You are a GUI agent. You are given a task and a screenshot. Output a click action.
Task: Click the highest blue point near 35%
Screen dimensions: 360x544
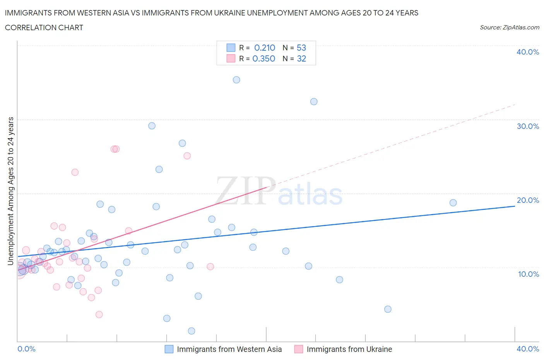(x=236, y=80)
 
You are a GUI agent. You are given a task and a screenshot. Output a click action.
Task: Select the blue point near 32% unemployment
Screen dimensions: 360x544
(x=314, y=101)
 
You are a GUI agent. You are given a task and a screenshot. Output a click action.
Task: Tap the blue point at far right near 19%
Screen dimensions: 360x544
(x=453, y=202)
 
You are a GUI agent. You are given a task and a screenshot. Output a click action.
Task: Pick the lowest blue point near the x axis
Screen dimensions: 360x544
(x=192, y=331)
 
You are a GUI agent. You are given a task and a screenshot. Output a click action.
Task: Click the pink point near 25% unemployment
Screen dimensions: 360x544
(x=187, y=156)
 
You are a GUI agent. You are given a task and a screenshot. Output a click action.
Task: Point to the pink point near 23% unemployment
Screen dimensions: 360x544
(x=75, y=172)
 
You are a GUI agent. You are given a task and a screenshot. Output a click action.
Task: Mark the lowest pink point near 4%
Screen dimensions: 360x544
(x=99, y=314)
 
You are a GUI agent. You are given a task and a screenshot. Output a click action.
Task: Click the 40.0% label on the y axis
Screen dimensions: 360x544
(x=528, y=52)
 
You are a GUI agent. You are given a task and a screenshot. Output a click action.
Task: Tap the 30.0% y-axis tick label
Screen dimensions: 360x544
(x=528, y=126)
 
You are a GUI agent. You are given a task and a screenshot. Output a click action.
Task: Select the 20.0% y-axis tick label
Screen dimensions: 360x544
(x=528, y=200)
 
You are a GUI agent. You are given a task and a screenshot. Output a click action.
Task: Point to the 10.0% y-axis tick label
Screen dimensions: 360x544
(x=529, y=274)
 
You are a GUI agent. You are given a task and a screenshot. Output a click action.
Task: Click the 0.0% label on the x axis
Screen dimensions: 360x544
(x=27, y=349)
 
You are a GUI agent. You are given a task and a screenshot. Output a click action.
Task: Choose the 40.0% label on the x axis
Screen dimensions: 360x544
(x=528, y=349)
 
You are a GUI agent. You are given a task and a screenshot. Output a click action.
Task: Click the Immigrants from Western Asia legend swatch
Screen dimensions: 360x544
(x=169, y=349)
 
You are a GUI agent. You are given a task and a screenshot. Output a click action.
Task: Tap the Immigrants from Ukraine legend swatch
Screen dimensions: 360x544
(x=299, y=349)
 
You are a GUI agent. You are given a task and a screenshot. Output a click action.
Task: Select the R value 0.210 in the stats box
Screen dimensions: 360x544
(x=265, y=48)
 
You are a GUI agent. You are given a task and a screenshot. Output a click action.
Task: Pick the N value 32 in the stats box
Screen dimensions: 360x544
(x=301, y=58)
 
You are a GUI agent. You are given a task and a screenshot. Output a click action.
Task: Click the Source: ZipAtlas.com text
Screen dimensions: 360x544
(x=509, y=27)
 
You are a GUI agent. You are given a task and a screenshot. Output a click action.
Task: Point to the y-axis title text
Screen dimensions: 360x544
(x=11, y=191)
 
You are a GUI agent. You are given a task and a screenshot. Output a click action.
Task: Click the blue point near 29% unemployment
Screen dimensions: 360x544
(x=152, y=126)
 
